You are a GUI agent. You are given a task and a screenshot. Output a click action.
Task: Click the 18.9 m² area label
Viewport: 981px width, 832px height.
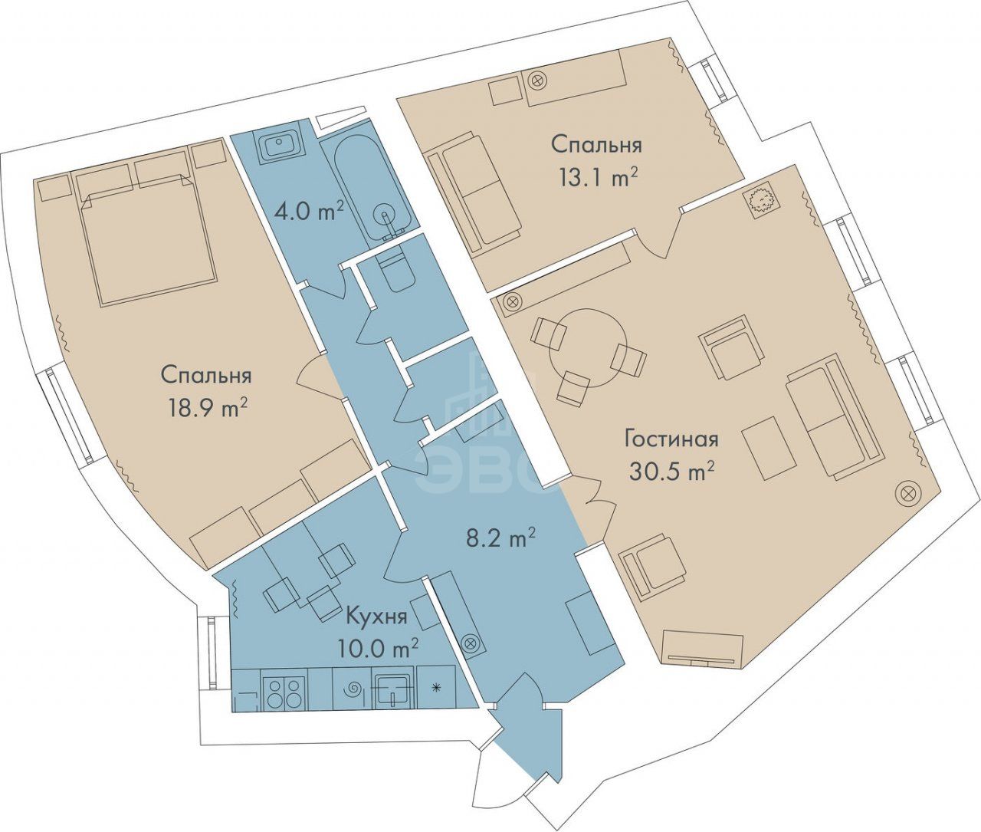pos(207,407)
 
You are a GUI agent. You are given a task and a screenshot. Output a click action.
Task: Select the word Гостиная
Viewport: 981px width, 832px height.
pos(671,439)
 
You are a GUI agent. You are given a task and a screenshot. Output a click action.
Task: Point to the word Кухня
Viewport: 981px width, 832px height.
pos(376,618)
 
